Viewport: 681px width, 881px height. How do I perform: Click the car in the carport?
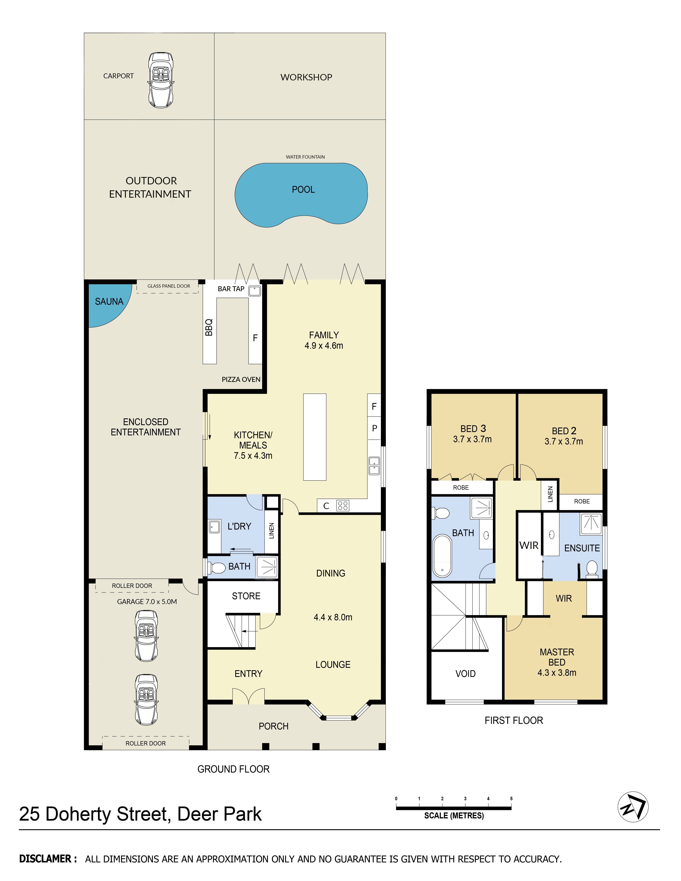[161, 80]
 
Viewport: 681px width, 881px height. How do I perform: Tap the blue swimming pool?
[301, 194]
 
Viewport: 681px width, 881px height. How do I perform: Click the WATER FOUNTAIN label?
[305, 157]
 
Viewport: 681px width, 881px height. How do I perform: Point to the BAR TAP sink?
[255, 290]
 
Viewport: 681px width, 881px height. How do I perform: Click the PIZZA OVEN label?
[241, 380]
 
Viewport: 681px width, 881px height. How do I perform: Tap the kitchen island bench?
[315, 437]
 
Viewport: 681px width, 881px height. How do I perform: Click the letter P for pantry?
[374, 428]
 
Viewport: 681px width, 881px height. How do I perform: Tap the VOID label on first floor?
[466, 674]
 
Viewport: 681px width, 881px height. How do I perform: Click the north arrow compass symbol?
[633, 807]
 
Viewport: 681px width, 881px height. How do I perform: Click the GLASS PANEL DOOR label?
[169, 286]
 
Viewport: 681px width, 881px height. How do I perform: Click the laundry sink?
[214, 526]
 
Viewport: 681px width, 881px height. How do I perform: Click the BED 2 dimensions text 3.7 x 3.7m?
[564, 441]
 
